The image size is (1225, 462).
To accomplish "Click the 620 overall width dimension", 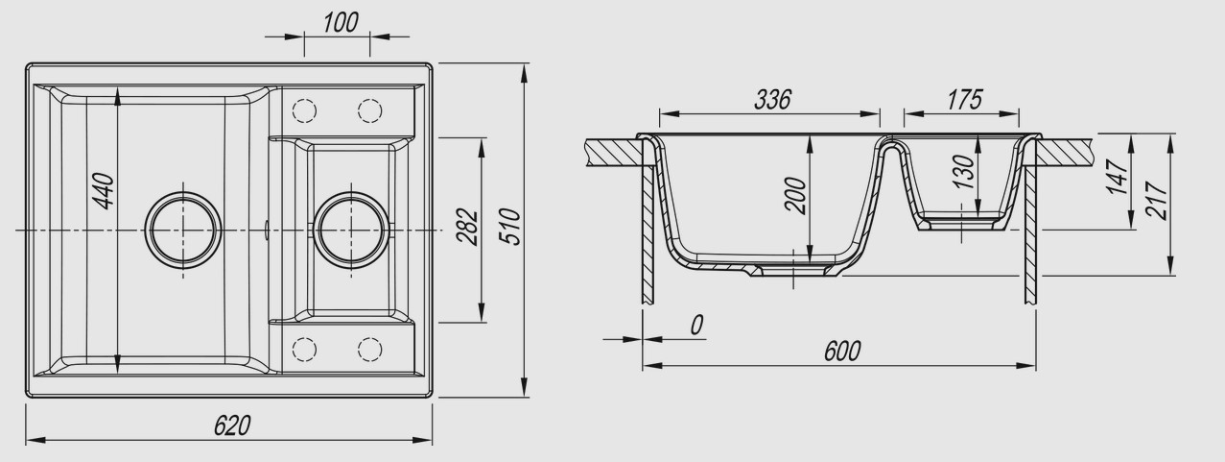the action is click(232, 426).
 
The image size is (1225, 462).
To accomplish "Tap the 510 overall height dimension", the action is click(509, 227).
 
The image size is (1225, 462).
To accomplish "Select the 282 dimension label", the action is click(467, 227).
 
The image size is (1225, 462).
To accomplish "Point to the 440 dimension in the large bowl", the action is click(103, 190).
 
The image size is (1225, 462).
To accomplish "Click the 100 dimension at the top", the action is click(341, 23).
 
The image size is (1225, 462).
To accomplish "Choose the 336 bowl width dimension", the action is click(772, 100).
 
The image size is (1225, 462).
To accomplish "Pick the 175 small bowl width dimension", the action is click(965, 100).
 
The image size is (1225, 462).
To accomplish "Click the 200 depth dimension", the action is click(795, 195).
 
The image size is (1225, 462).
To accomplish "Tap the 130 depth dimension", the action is click(963, 172).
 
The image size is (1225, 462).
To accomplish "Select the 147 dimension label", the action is click(1118, 177).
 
